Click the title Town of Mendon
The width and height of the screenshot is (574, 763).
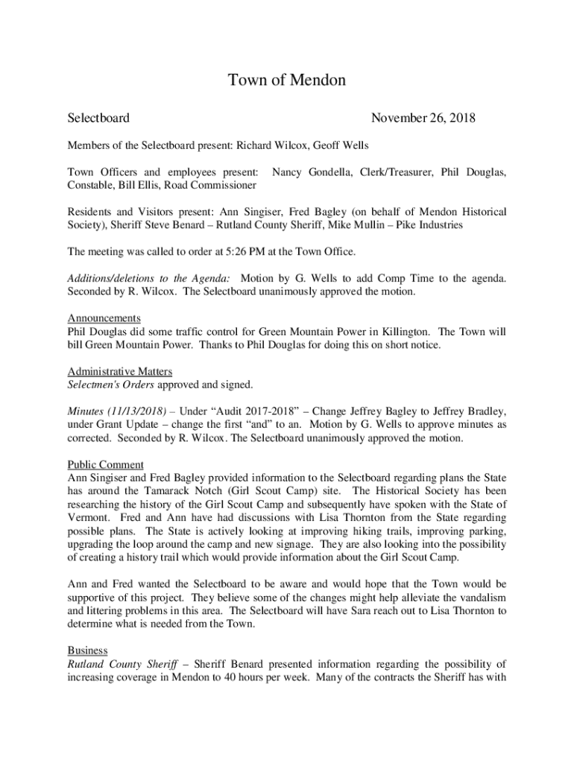[287, 80]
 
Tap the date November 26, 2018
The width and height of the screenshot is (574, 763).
[423, 118]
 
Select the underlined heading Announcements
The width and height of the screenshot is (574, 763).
[104, 318]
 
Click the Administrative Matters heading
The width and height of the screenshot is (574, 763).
[120, 371]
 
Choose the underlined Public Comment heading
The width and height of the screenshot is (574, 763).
[105, 464]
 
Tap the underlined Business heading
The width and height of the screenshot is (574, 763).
[87, 650]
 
